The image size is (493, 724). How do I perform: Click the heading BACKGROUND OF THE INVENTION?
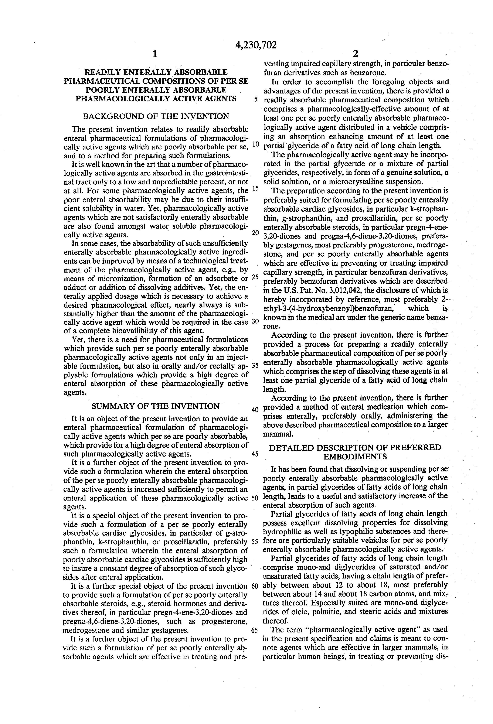[156, 116]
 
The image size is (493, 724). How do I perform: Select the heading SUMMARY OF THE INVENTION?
[156, 406]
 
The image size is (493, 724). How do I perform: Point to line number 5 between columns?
[256, 100]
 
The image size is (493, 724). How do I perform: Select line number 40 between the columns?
[255, 409]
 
